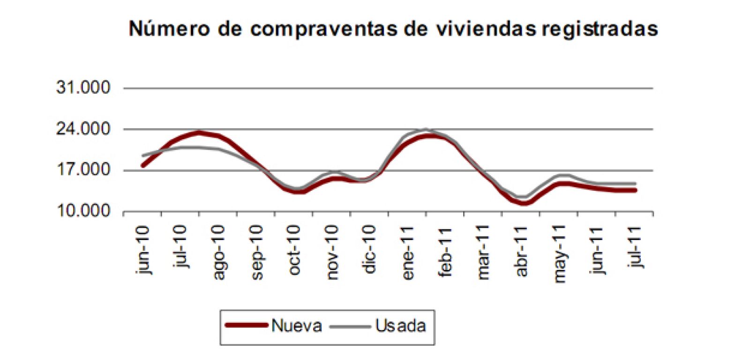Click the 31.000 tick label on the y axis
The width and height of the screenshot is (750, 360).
point(83,88)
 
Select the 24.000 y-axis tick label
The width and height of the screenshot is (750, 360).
point(83,129)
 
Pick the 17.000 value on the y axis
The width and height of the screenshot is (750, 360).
point(83,170)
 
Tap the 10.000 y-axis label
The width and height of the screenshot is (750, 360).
point(83,211)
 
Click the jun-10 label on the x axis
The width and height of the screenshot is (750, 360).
point(143,249)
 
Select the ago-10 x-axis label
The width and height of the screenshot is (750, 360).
point(218,252)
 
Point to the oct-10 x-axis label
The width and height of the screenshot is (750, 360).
point(294,250)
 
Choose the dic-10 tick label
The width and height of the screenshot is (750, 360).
point(369,249)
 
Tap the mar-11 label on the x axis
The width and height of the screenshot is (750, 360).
point(483,252)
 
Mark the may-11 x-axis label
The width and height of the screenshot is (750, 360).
point(559,254)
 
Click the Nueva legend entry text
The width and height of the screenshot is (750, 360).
point(297,326)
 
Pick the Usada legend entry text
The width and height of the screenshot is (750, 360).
point(401,326)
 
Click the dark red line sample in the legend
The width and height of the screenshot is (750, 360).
point(246,325)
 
